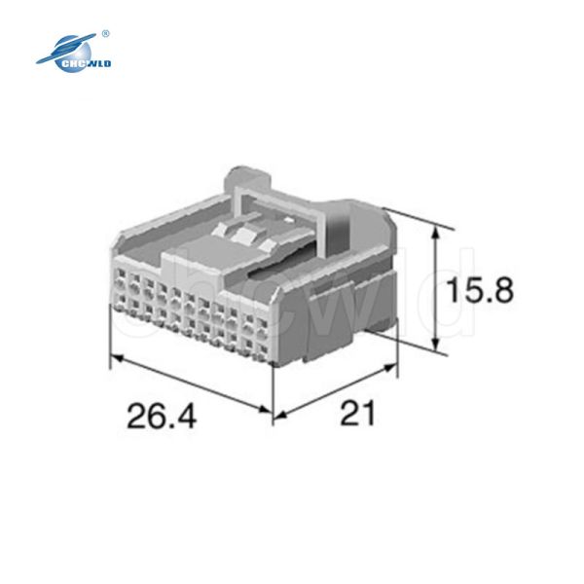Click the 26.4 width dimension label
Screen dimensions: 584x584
tap(162, 416)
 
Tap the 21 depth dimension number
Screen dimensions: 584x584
tap(357, 413)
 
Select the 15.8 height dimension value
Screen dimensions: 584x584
tap(480, 290)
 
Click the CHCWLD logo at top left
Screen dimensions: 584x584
tap(74, 53)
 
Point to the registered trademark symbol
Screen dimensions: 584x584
tap(105, 34)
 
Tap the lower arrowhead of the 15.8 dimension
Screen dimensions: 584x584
tap(434, 345)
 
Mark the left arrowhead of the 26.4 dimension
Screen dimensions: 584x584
tap(118, 358)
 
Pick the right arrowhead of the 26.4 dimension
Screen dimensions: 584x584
tap(265, 409)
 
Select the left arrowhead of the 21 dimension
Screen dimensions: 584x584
tap(280, 415)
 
